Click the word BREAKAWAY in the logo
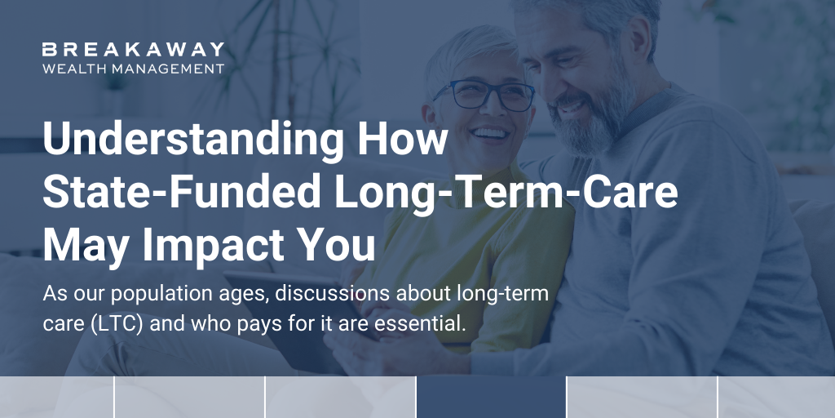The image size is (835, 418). tap(133, 51)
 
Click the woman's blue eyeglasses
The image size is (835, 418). tap(483, 96)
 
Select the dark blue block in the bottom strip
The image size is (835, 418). tap(491, 398)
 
